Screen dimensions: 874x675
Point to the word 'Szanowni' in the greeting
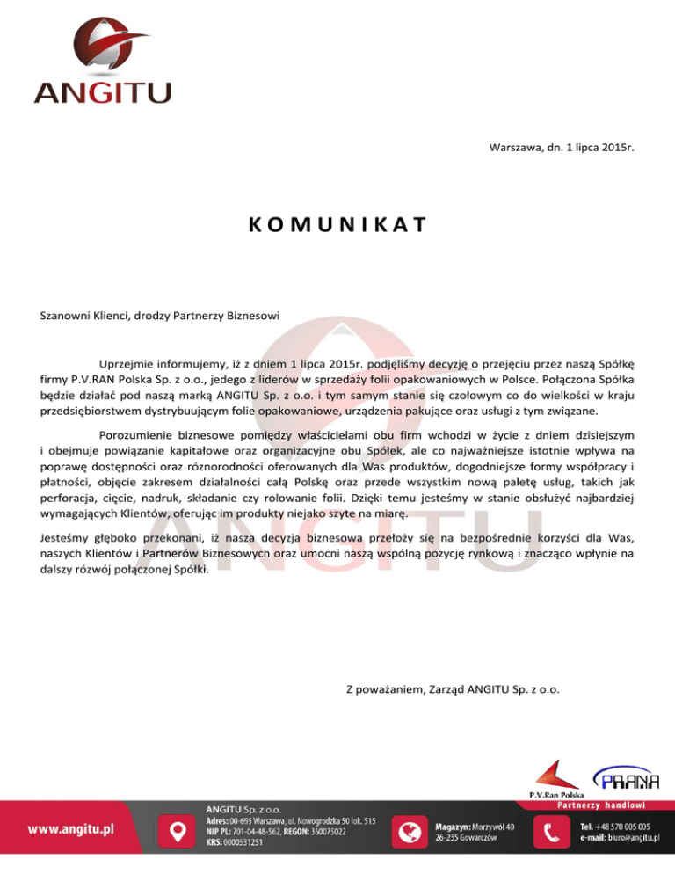68,314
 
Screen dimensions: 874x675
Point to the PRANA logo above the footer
628,778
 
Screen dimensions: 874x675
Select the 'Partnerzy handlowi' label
601,804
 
